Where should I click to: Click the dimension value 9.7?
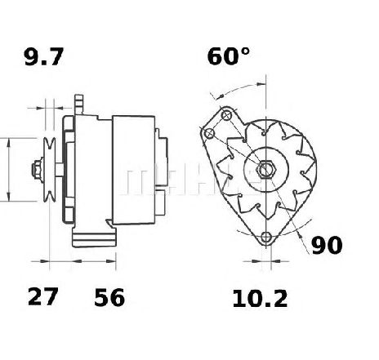(x=44, y=57)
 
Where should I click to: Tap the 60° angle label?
(x=229, y=56)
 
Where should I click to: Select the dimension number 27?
(x=43, y=296)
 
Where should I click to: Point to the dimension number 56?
(x=109, y=297)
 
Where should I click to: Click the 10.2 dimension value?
(x=260, y=299)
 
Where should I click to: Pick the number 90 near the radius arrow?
(x=327, y=245)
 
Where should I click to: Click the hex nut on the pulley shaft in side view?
(x=37, y=170)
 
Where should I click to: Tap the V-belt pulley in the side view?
(x=50, y=170)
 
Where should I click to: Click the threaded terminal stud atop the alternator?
(x=78, y=104)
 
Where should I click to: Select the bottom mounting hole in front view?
(x=265, y=237)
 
